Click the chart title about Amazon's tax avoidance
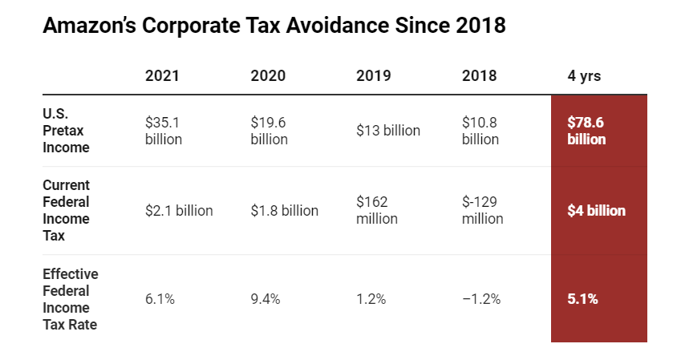274,26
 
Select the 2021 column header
162,76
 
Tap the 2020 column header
268,76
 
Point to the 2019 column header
374,76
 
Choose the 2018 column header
480,76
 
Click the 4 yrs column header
584,76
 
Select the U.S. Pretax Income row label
66,131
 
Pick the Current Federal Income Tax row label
66,211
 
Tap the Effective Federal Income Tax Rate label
71,299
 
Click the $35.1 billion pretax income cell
164,131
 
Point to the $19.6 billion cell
269,131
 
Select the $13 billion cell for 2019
388,131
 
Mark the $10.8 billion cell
480,131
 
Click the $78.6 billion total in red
586,131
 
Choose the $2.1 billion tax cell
179,211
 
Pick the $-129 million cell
483,211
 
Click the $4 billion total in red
596,211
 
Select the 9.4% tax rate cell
266,299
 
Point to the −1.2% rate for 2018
481,299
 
